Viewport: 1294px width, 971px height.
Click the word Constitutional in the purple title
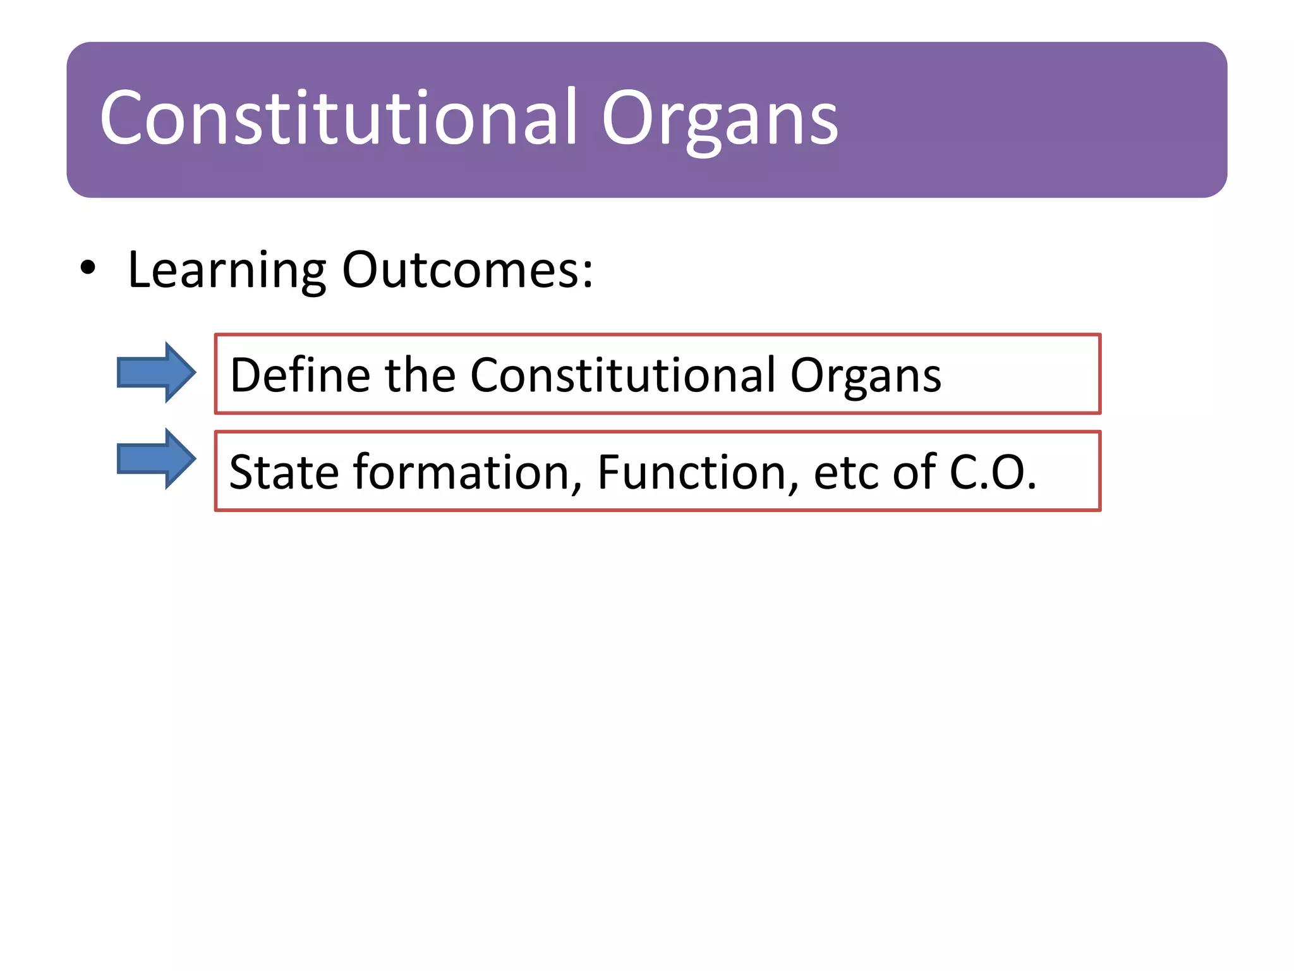(339, 118)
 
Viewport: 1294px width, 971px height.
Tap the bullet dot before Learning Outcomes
(88, 268)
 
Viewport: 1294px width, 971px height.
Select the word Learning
(227, 271)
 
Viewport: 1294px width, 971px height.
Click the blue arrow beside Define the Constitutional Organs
(156, 372)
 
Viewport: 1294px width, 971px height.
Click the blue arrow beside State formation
(156, 458)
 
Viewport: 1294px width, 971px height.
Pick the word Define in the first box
(300, 375)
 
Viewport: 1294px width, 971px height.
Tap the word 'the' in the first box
(420, 375)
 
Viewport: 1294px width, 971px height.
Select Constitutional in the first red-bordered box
(623, 375)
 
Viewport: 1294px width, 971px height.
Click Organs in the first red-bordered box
(865, 377)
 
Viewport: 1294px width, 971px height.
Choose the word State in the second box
(284, 472)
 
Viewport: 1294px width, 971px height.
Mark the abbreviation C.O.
(993, 472)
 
